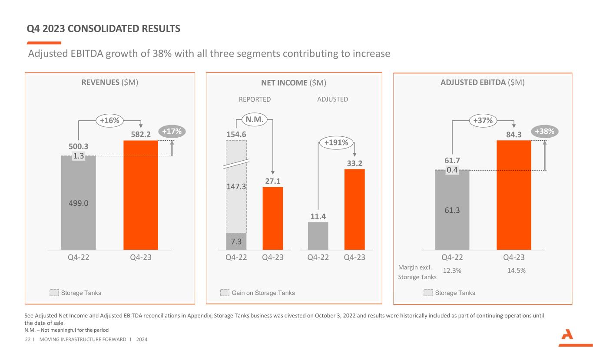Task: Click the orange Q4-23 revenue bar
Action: pyautogui.click(x=141, y=195)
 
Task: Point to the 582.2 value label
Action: pyautogui.click(x=141, y=135)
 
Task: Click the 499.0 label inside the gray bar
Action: pyautogui.click(x=79, y=203)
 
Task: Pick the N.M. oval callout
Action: pyautogui.click(x=254, y=118)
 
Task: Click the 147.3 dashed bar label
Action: pyautogui.click(x=236, y=187)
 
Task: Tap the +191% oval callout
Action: pyautogui.click(x=336, y=142)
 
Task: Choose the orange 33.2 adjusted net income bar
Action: pyautogui.click(x=354, y=209)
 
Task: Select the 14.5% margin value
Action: pyautogui.click(x=517, y=271)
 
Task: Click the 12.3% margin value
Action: pyautogui.click(x=452, y=271)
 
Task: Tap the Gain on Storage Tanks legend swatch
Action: pyautogui.click(x=225, y=293)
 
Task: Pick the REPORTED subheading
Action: pyautogui.click(x=255, y=99)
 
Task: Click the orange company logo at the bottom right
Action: pyautogui.click(x=569, y=338)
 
